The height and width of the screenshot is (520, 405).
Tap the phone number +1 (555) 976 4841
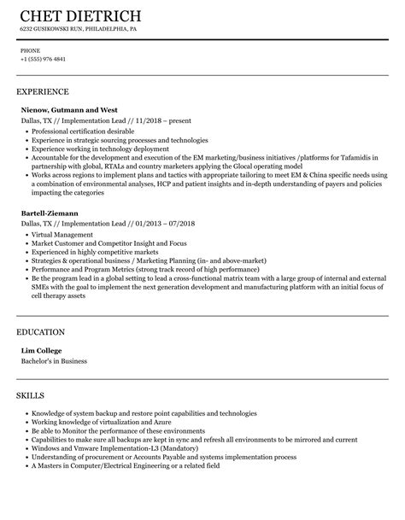click(x=43, y=60)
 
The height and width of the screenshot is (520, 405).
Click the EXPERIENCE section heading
click(x=43, y=91)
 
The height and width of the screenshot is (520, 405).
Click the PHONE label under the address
click(x=30, y=50)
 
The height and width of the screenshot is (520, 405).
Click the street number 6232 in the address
click(x=27, y=30)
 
